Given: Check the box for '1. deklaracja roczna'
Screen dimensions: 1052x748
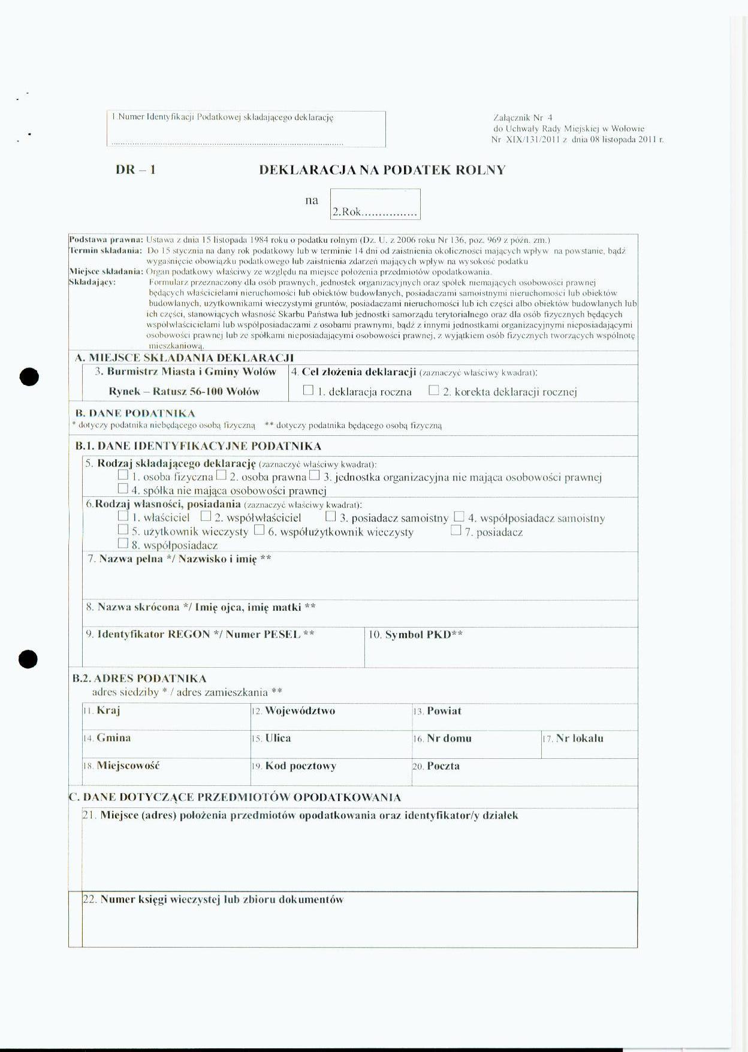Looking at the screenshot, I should click(x=308, y=390).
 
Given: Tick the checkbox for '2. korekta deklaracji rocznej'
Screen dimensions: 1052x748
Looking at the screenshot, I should click(x=434, y=390).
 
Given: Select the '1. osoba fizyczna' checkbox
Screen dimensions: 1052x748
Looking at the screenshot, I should click(x=123, y=475).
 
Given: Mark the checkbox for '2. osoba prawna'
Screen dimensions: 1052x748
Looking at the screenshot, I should click(x=221, y=475).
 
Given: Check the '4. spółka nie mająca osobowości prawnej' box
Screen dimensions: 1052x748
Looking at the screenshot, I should click(x=123, y=489).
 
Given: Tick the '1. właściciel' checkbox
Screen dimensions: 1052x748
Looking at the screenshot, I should click(x=123, y=516).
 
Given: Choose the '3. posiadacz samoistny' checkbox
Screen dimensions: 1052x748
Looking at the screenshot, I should click(x=330, y=516).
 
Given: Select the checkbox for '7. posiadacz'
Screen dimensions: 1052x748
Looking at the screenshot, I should click(x=456, y=530).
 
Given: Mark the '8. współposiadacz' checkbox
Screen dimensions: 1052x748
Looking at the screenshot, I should click(x=123, y=544).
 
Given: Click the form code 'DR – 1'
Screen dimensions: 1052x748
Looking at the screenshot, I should click(x=135, y=170).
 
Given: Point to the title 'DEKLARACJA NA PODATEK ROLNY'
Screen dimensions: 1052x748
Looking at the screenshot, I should click(x=382, y=170).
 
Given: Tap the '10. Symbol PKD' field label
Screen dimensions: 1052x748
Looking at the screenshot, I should click(x=415, y=635).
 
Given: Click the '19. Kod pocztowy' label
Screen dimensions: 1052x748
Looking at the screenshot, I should click(x=294, y=766).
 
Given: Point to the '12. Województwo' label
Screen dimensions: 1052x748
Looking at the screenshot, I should click(x=293, y=711).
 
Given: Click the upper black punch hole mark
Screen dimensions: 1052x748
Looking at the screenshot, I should click(x=29, y=377).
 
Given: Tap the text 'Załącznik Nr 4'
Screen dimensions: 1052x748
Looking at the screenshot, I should click(x=523, y=118).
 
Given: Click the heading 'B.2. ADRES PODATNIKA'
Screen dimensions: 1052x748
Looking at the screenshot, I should click(x=140, y=679).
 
